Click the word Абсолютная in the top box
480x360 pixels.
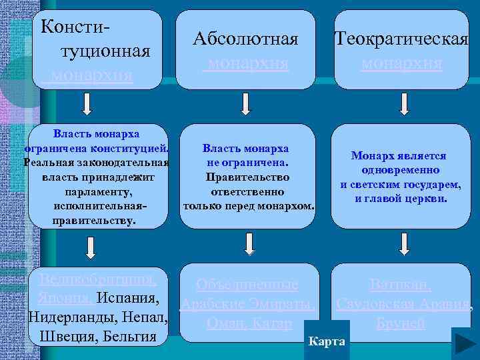point(245,39)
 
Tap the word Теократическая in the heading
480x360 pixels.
point(402,39)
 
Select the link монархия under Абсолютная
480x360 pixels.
point(247,63)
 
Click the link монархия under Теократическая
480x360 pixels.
point(402,63)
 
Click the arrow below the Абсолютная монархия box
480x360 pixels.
point(246,105)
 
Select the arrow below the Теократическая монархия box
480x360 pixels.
point(403,105)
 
